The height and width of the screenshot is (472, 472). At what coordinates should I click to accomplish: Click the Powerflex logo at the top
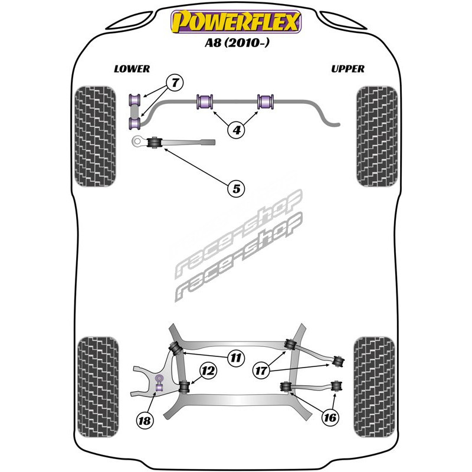[235, 22]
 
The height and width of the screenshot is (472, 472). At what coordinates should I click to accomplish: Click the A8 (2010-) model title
[236, 42]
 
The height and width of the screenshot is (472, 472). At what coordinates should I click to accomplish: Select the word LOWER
[132, 69]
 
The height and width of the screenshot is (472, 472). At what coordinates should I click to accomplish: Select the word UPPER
[348, 69]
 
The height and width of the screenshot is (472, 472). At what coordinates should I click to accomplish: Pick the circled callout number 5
[235, 189]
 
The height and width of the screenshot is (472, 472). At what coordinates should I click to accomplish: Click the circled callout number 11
[236, 357]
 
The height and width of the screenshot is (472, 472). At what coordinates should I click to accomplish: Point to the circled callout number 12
[208, 371]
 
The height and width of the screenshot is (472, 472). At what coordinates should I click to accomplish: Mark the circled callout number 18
[144, 421]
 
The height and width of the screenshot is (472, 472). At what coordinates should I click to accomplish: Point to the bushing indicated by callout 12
[184, 386]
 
